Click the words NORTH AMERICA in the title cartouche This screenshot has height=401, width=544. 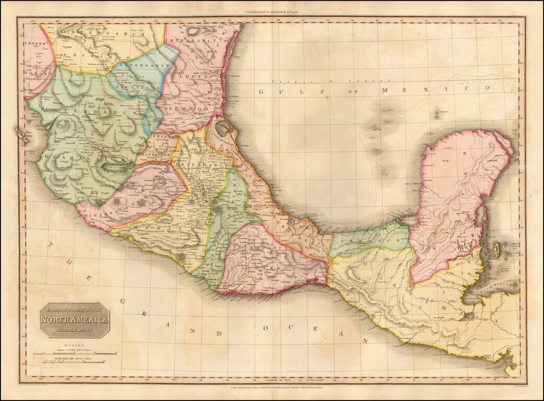pos(74,320)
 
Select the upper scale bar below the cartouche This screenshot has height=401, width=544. pos(75,353)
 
